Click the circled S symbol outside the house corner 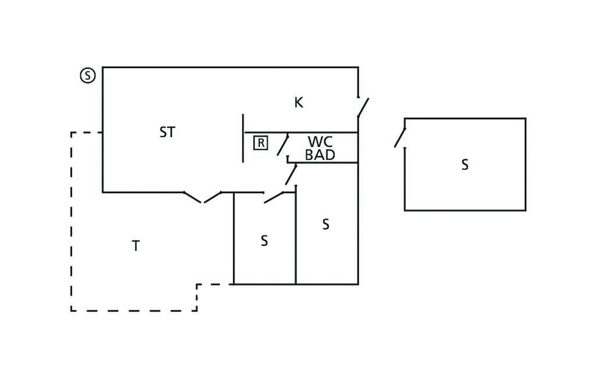(87, 75)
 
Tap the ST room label (167, 133)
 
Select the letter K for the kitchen (299, 103)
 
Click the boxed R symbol (261, 142)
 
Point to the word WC (320, 142)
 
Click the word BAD (320, 155)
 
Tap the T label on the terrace (136, 246)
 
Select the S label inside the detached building (464, 165)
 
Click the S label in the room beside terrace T (264, 241)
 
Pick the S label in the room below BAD (326, 224)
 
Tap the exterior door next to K (363, 108)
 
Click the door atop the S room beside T (274, 198)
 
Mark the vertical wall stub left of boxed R (243, 138)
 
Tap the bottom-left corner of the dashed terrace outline (72, 310)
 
